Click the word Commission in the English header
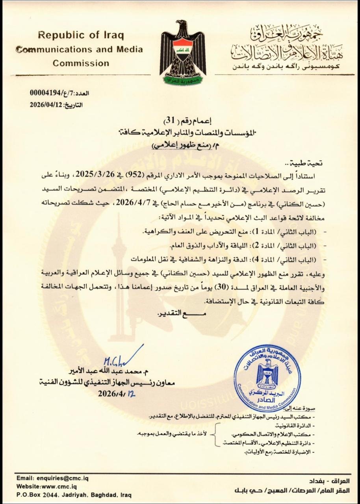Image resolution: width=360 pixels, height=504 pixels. coord(81,63)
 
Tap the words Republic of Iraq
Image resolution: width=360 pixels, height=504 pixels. coord(81,35)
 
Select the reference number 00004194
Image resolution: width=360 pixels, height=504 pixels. coord(46,93)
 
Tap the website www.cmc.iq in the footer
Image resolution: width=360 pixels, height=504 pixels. coord(57,486)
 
